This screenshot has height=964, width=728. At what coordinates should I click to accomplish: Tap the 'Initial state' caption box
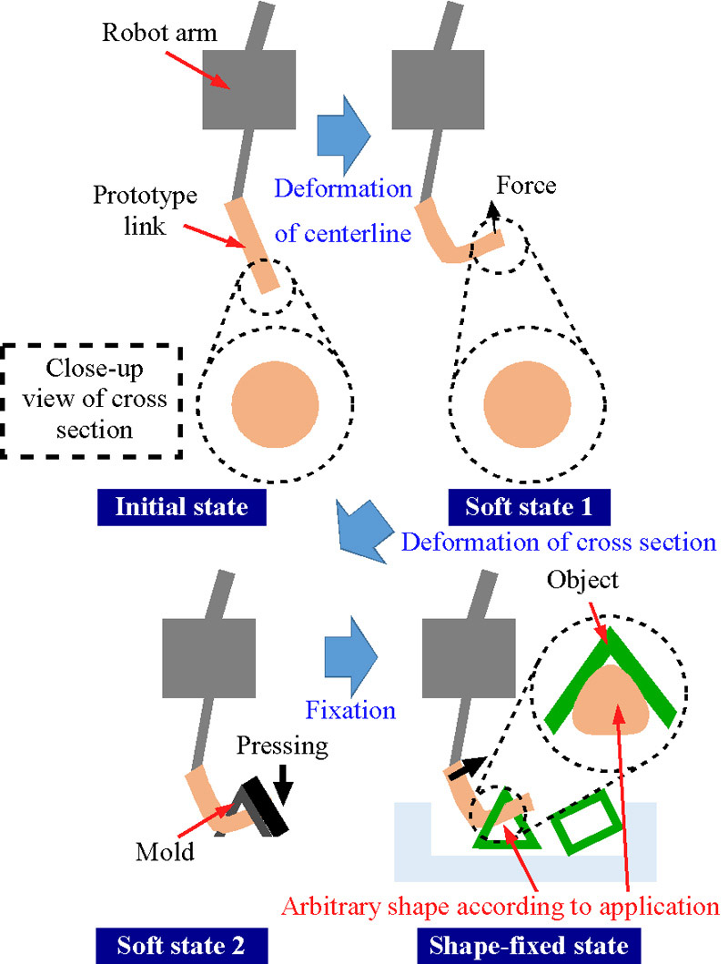pyautogui.click(x=180, y=505)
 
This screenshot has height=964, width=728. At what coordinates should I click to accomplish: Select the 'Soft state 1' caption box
pyautogui.click(x=528, y=505)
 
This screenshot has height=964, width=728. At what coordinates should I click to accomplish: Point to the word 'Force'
pyautogui.click(x=527, y=186)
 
